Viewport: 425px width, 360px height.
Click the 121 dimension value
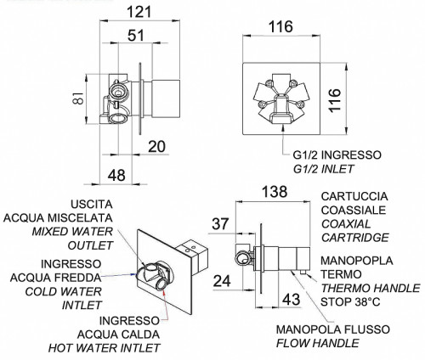tap(139, 12)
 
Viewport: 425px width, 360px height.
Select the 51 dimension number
tap(136, 36)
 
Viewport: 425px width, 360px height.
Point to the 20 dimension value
tap(156, 147)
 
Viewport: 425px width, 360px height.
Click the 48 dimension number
tap(116, 175)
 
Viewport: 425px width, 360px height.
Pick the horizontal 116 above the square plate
tap(280, 27)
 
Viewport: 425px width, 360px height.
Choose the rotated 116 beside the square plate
tap(335, 100)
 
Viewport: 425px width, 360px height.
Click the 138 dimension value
tap(275, 192)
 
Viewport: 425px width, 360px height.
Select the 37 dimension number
tap(220, 223)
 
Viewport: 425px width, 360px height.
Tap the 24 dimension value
tap(222, 281)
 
